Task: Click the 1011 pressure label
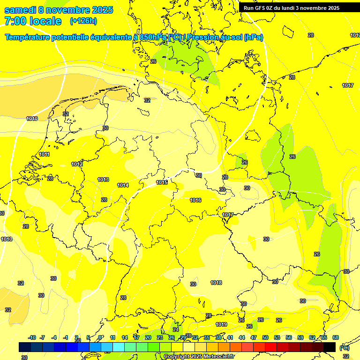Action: (x=45, y=154)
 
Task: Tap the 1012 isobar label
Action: (x=77, y=164)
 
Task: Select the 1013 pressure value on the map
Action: (x=103, y=180)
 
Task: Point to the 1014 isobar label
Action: (x=123, y=185)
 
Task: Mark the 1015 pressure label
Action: (x=162, y=182)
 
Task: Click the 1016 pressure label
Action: (x=195, y=200)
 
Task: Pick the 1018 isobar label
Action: (x=216, y=283)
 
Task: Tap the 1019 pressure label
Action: (x=221, y=324)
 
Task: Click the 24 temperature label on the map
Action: (x=176, y=330)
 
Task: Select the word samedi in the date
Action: (x=21, y=10)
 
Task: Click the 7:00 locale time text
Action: (x=33, y=21)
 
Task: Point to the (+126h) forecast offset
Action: (x=83, y=21)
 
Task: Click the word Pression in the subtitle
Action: (x=206, y=37)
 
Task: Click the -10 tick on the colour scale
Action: (x=32, y=337)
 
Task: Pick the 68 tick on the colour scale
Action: (x=336, y=337)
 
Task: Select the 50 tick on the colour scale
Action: (x=265, y=337)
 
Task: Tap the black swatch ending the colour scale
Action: (x=330, y=347)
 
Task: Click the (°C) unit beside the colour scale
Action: (x=344, y=348)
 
